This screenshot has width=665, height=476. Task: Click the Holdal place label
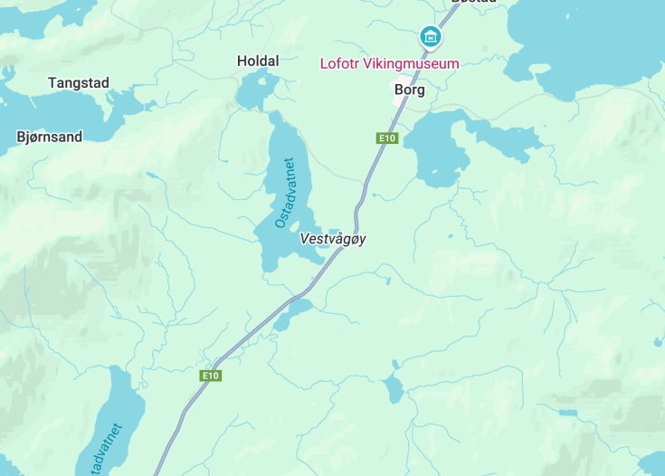click(258, 61)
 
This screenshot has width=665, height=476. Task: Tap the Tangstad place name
click(79, 83)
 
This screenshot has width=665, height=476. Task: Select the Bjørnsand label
click(50, 138)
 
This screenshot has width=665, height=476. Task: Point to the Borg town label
click(409, 90)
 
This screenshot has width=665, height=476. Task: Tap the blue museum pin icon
click(431, 37)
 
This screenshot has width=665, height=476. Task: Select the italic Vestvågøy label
click(333, 239)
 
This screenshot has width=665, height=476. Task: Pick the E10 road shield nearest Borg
click(387, 138)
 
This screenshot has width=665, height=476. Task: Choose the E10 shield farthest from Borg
click(211, 376)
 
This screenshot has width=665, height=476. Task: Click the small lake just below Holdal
click(257, 90)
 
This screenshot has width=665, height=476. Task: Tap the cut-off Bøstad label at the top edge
click(473, 3)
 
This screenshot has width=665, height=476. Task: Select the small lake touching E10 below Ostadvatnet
click(291, 314)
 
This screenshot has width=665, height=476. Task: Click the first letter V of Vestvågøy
click(304, 239)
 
